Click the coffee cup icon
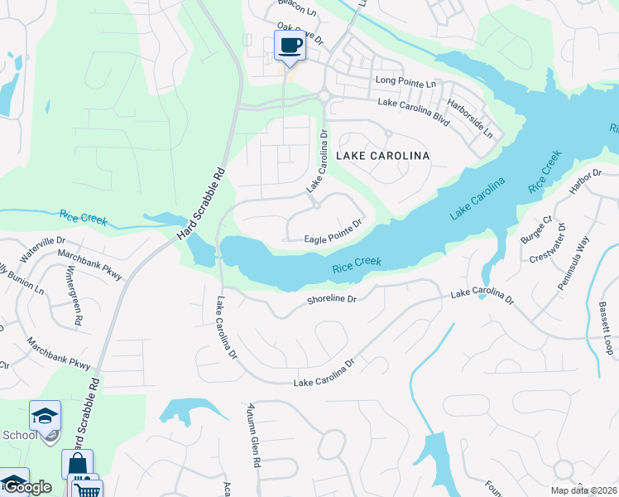290,46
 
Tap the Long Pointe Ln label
405,82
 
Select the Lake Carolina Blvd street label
413,111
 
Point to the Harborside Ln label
470,120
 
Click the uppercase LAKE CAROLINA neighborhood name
381,156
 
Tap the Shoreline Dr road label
331,297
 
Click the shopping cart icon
87,489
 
